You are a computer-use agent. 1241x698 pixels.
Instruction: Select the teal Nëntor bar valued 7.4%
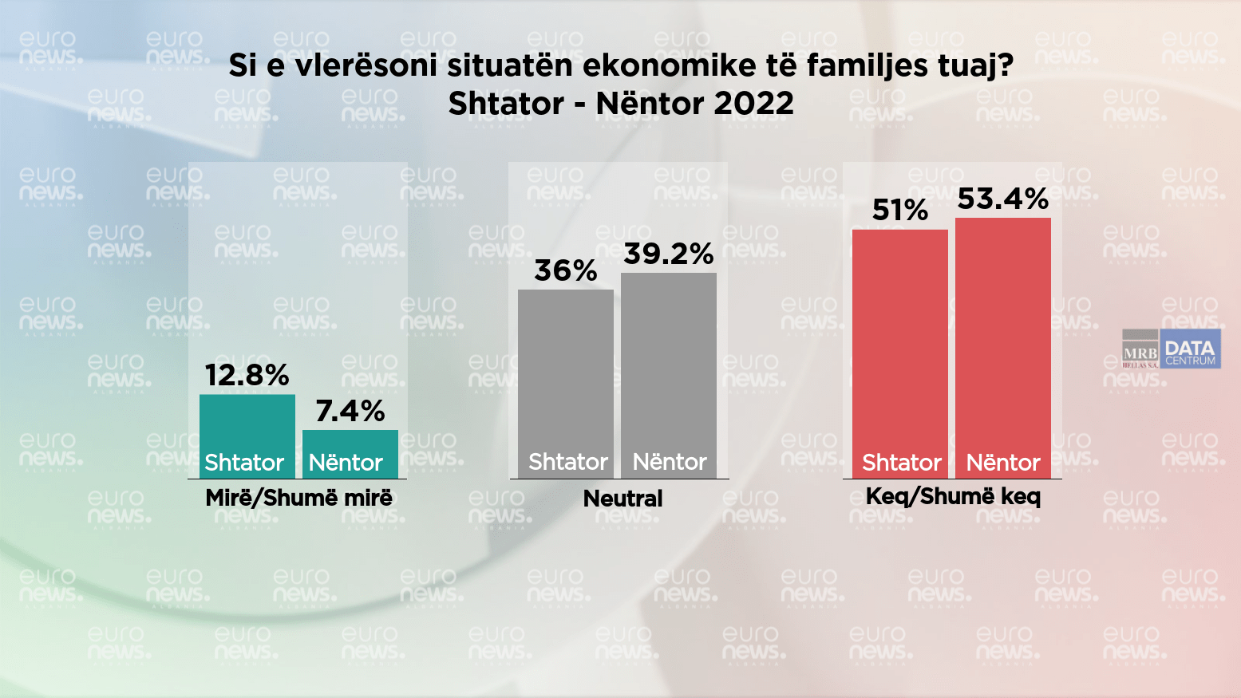point(350,454)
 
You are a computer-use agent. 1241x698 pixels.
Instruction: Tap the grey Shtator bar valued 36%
point(566,383)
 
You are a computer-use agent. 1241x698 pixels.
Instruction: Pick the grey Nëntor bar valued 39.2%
point(669,375)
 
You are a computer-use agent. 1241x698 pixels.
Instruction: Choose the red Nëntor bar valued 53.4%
point(1003,347)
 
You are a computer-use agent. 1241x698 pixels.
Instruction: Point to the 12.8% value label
point(247,375)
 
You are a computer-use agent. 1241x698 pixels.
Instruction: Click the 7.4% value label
point(350,411)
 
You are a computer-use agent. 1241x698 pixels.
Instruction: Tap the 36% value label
point(566,271)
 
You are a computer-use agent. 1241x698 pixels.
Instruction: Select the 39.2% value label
point(669,254)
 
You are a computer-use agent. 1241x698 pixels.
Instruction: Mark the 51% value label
point(900,211)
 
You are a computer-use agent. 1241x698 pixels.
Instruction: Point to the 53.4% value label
point(1003,199)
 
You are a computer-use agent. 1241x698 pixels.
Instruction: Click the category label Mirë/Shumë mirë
point(298,499)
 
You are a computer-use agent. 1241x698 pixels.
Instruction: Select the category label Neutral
point(622,499)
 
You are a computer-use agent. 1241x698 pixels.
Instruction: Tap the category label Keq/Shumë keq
point(953,497)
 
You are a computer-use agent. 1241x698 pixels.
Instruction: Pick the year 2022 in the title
point(754,104)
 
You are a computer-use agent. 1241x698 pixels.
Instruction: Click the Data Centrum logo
point(1190,350)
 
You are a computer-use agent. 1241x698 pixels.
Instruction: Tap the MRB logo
point(1140,350)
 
